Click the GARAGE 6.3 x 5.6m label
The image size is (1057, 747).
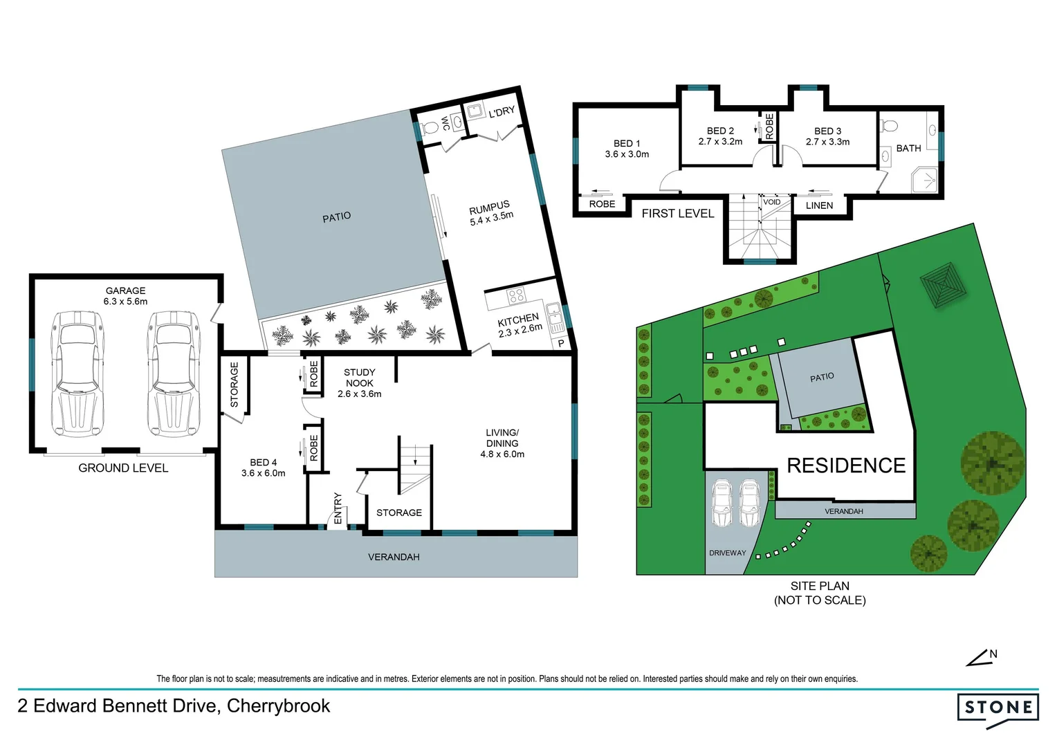(125, 296)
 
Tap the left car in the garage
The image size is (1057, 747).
(77, 373)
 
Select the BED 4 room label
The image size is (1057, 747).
(263, 468)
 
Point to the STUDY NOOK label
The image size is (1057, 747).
(359, 382)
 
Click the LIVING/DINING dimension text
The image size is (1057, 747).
(502, 454)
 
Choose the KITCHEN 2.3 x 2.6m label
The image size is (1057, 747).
(520, 325)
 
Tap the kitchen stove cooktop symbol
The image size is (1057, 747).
(516, 296)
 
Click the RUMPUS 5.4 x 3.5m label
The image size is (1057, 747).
(491, 213)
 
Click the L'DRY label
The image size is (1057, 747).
(502, 112)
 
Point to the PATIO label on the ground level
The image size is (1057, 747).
(336, 217)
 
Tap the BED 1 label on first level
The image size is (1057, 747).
(627, 149)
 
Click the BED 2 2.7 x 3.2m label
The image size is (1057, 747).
(720, 136)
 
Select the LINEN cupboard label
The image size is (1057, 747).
(819, 205)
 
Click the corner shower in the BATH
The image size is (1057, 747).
(923, 179)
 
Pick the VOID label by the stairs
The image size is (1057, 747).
(771, 202)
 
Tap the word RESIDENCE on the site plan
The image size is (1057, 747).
(846, 465)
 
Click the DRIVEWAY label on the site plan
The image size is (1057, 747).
(727, 553)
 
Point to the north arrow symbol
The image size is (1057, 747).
(980, 658)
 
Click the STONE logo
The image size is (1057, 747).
(998, 708)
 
